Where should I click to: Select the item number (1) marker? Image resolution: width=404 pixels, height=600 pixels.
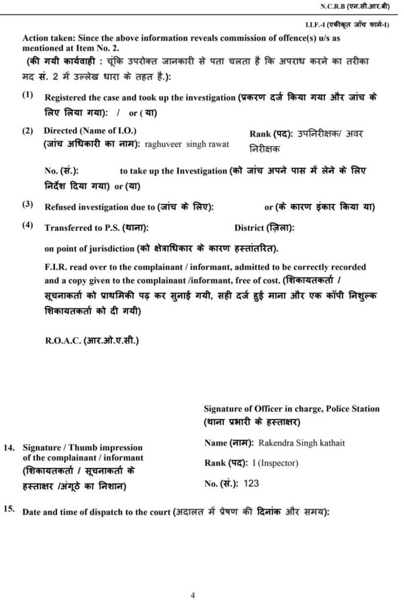coord(28,94)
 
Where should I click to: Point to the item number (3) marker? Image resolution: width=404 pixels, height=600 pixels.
coord(28,204)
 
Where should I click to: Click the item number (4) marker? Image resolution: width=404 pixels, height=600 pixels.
coord(28,225)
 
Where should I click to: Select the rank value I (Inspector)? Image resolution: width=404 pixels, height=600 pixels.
coord(276,463)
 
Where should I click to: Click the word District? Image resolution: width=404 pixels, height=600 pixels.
coord(249,227)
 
